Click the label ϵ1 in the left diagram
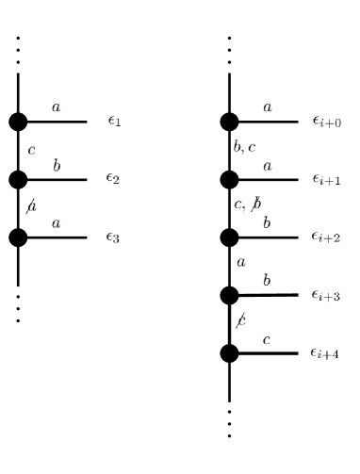tap(114, 122)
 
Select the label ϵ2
tap(114, 179)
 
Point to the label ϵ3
tap(114, 237)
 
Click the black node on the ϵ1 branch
tap(18, 121)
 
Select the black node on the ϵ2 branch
tap(18, 178)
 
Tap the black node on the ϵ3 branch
tap(18, 237)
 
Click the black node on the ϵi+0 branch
tap(229, 121)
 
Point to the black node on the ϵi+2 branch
tap(229, 237)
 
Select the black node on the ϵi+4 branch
tap(229, 353)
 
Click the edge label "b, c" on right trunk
tap(245, 149)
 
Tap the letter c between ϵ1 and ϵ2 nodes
tap(32, 150)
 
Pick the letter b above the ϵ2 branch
tap(57, 166)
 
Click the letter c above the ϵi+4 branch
tap(268, 340)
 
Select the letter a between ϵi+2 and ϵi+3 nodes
tap(240, 263)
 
